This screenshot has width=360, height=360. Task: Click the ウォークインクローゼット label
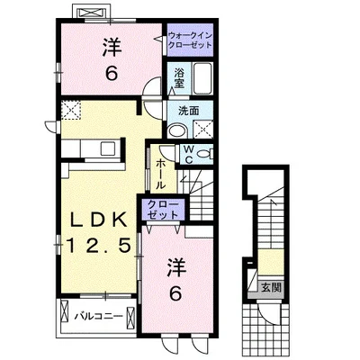click(x=190, y=40)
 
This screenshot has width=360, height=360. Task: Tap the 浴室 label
click(x=179, y=78)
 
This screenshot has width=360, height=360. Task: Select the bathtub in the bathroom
click(x=202, y=78)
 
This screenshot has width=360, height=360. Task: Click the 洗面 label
click(x=189, y=111)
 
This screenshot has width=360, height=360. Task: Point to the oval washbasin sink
click(x=177, y=131)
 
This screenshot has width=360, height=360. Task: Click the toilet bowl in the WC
click(x=205, y=154)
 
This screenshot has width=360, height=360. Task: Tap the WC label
click(x=188, y=154)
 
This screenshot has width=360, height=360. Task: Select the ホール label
click(x=160, y=174)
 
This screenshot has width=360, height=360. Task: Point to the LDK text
click(x=98, y=221)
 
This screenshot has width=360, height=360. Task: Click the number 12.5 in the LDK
click(x=100, y=246)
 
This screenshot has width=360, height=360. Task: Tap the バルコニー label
click(x=98, y=316)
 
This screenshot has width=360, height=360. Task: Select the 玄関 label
click(x=271, y=288)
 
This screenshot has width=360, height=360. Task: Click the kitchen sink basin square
click(x=107, y=148)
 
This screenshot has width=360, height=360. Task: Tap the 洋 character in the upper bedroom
click(x=112, y=48)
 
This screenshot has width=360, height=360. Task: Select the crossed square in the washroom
click(x=202, y=130)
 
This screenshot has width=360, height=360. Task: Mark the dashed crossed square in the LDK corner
click(x=71, y=110)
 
